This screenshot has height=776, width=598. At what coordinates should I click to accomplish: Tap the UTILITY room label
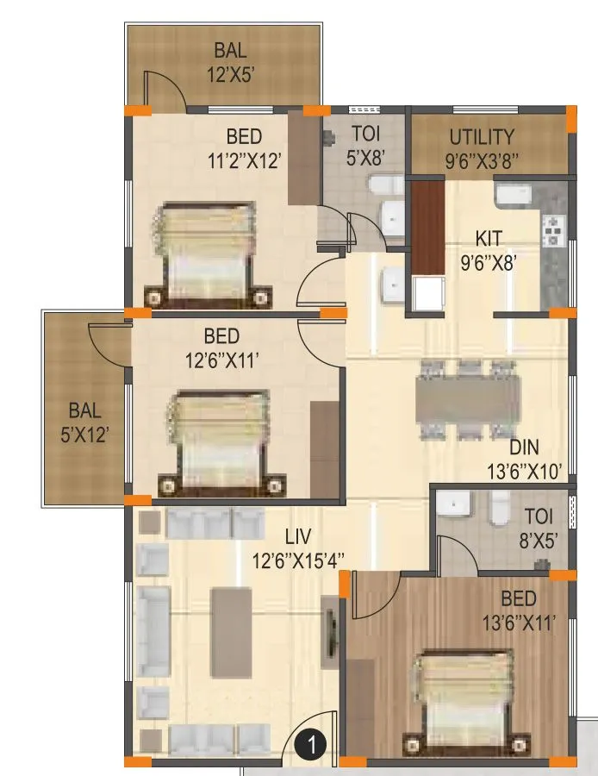coord(482,147)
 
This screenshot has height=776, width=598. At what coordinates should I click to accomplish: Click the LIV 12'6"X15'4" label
coord(298,548)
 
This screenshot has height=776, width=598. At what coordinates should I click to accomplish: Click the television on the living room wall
coord(329,633)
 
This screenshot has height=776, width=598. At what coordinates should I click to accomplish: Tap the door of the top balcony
coord(164,90)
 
